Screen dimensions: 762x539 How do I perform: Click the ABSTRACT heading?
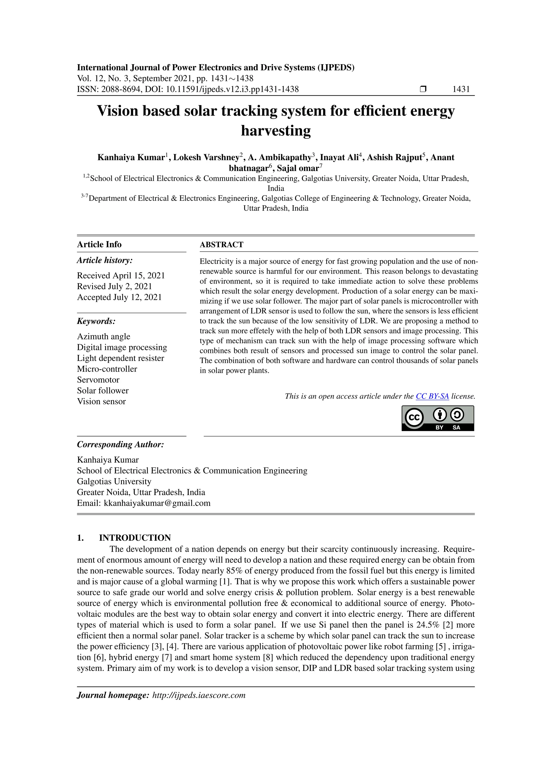[221, 245]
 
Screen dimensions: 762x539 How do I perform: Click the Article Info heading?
[99, 245]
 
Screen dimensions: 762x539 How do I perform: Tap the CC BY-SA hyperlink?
[432, 396]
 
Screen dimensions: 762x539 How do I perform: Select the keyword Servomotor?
[98, 380]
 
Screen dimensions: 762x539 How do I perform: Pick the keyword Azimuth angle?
[103, 337]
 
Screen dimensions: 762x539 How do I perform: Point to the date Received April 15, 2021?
[121, 275]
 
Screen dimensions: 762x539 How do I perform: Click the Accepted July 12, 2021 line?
[119, 297]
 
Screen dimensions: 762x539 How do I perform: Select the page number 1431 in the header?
[461, 89]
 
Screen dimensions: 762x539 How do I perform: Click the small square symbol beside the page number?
[423, 89]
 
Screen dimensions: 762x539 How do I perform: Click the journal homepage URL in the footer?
[198, 695]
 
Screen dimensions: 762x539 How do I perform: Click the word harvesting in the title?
[276, 131]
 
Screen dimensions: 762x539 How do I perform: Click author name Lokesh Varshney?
[206, 157]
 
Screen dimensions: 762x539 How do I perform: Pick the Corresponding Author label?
[121, 444]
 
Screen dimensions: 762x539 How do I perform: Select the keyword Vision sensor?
[101, 401]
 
